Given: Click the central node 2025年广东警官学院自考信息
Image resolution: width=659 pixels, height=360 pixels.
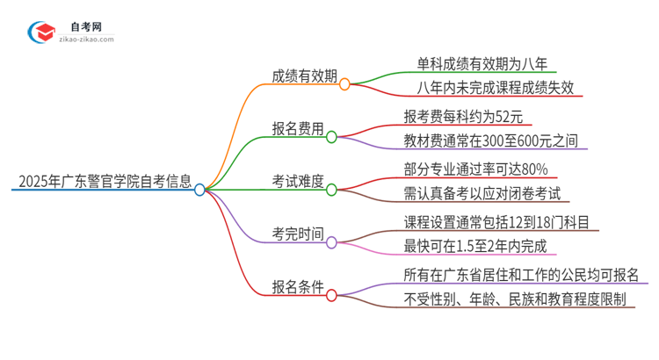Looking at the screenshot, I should tap(104, 183).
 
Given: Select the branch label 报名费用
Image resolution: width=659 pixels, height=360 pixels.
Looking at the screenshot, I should tap(298, 129).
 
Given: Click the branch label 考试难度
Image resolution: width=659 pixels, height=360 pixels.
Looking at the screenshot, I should tap(298, 182).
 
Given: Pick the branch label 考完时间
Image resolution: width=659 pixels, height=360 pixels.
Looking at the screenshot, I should tap(298, 234).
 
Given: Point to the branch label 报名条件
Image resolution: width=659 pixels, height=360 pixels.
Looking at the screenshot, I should tap(298, 287).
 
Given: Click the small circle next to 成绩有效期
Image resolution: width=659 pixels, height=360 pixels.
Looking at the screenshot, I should tap(344, 84).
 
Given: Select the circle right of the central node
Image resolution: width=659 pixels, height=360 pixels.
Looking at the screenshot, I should tap(200, 190).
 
